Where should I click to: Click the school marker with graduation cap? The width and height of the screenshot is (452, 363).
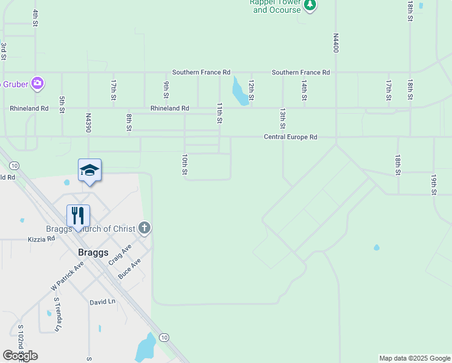[x=89, y=170]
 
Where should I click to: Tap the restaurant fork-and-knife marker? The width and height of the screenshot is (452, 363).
[x=78, y=215]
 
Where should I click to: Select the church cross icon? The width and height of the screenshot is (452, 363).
[x=144, y=228]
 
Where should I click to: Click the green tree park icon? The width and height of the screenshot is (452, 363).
[x=310, y=5]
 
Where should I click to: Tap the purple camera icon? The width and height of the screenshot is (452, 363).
[x=37, y=83]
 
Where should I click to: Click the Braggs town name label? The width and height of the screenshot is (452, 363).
[x=92, y=252]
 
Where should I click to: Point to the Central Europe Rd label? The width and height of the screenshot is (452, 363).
[x=290, y=137]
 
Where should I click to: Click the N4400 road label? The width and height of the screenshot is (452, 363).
[x=336, y=43]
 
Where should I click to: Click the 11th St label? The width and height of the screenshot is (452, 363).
[x=219, y=113]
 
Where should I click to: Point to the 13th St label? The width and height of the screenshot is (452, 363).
[x=282, y=119]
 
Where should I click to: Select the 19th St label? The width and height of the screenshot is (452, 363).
[x=433, y=185]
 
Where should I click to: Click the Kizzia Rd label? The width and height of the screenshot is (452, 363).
[x=41, y=239]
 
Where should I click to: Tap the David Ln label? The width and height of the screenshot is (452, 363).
[x=102, y=301]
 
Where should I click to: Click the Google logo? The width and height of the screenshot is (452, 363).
[x=20, y=356]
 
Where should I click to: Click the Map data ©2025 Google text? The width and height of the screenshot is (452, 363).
[x=414, y=358]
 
